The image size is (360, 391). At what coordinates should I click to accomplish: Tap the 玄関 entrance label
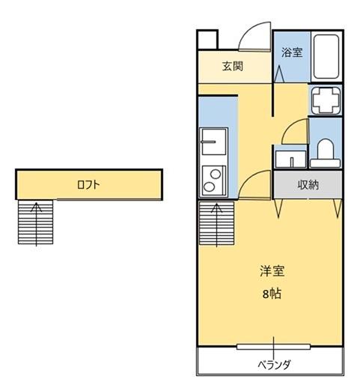pyautogui.click(x=232, y=66)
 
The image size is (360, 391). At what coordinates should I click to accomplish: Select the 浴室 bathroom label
pyautogui.click(x=292, y=52)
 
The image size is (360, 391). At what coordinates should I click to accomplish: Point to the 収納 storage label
pyautogui.click(x=309, y=184)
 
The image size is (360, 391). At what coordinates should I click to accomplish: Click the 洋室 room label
pyautogui.click(x=272, y=271)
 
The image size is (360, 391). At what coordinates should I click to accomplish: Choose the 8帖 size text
pyautogui.click(x=272, y=294)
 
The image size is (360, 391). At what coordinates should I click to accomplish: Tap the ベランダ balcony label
pyautogui.click(x=274, y=365)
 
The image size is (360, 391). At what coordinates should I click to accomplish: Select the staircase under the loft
pyautogui.click(x=34, y=222)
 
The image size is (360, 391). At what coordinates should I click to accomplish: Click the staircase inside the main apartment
pyautogui.click(x=217, y=222)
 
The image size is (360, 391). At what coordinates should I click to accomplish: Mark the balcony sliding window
pyautogui.click(x=274, y=346)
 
